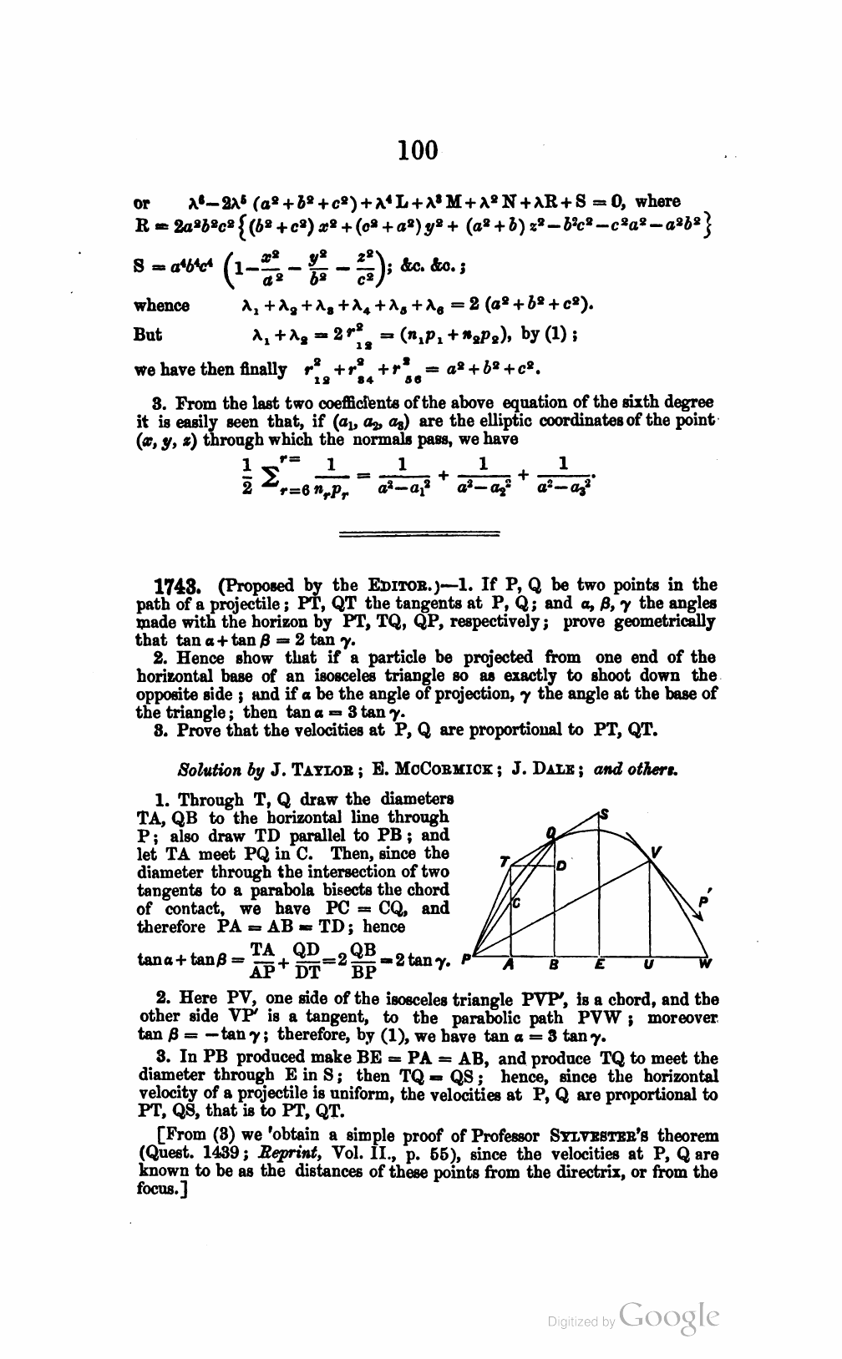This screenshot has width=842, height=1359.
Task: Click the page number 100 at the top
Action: point(418,150)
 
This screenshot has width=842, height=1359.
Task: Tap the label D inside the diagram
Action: point(562,866)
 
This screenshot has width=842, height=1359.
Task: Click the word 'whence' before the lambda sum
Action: point(162,306)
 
